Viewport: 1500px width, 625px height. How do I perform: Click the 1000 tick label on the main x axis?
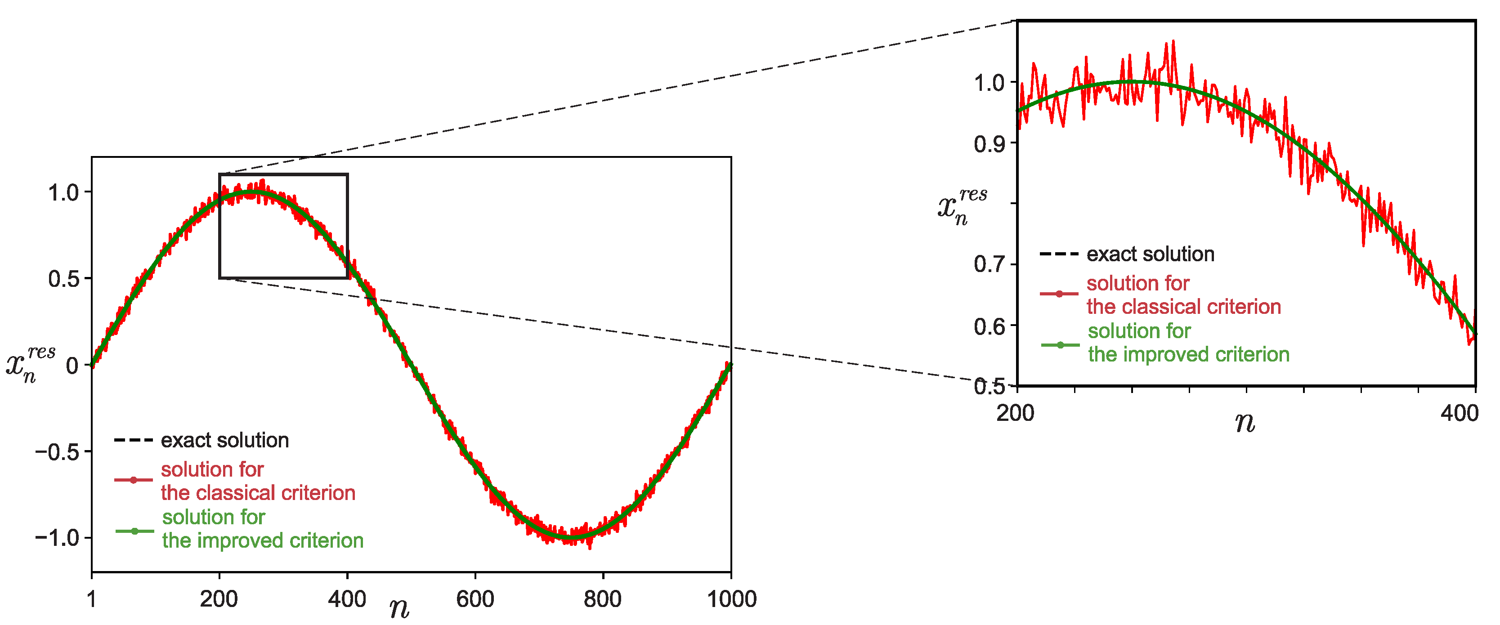coord(731,599)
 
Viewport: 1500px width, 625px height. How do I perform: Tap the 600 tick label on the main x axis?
coord(475,599)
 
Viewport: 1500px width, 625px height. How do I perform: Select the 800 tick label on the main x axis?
coord(603,599)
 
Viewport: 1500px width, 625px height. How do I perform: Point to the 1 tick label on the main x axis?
coord(91,599)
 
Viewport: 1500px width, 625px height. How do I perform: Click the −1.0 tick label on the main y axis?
coord(57,537)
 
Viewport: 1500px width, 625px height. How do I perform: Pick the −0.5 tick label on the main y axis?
coord(57,451)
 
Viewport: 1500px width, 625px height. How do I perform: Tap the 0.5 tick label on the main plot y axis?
coord(64,279)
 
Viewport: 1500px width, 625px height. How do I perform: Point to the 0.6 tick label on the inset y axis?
coord(990,326)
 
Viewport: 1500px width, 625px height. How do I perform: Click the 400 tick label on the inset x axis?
coord(1459,413)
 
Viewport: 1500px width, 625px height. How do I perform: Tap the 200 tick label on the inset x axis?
coord(1016,413)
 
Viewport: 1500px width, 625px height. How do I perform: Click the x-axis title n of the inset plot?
coord(1245,423)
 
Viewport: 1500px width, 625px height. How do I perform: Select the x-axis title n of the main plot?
coord(399,608)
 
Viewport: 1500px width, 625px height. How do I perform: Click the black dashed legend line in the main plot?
coord(133,440)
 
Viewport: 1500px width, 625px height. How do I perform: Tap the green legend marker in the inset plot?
coord(1060,345)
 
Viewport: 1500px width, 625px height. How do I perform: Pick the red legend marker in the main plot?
coord(133,480)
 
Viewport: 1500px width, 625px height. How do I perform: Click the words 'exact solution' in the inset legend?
coord(1151,254)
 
